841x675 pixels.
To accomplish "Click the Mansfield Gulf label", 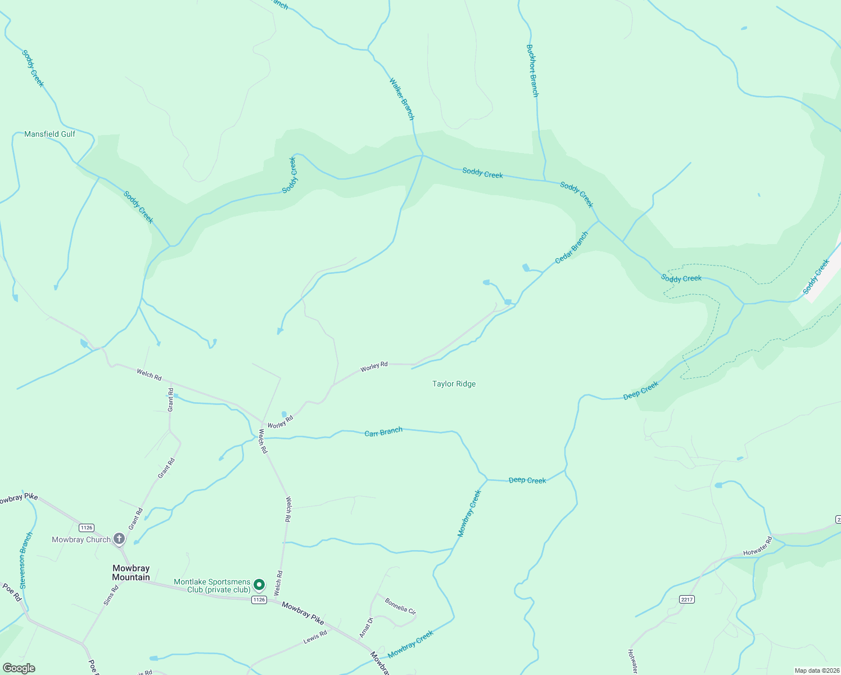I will [49, 134].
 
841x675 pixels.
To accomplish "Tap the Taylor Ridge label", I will [454, 384].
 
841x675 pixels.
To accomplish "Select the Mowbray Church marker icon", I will [119, 539].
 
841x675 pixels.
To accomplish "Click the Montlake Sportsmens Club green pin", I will [259, 585].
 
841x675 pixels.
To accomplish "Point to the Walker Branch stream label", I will [402, 99].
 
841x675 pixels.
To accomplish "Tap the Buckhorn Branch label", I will [532, 71].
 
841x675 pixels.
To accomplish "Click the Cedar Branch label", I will [571, 248].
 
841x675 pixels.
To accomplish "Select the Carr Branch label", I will [383, 432].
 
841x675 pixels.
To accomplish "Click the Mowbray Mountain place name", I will [131, 573].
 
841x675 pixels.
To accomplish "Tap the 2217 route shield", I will [686, 599].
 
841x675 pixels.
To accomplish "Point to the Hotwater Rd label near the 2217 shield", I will [757, 547].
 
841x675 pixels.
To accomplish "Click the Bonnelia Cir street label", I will [400, 606].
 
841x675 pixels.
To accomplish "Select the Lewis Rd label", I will [315, 637].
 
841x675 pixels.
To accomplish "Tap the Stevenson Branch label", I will [26, 559].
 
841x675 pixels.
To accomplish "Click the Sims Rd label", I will [111, 595].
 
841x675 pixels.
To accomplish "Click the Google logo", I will [19, 668].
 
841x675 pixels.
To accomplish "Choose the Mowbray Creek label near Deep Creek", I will [469, 513].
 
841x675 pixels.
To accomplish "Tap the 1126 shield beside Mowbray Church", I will [86, 528].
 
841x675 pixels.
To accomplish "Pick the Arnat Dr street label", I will [366, 628].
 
